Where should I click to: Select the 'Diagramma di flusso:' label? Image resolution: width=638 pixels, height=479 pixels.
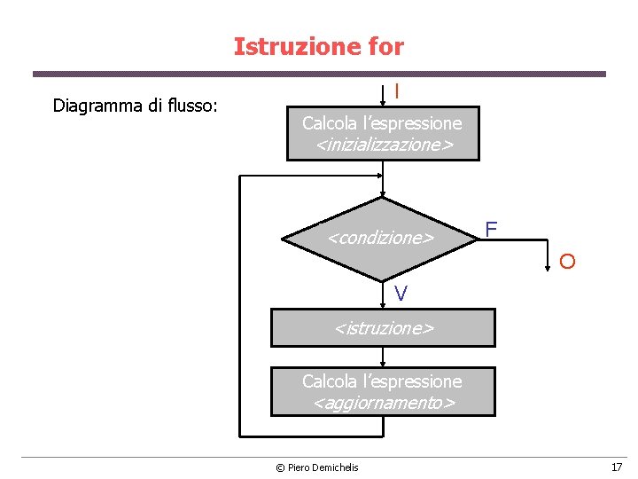pos(136,106)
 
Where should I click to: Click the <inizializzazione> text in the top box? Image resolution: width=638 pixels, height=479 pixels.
pos(383,144)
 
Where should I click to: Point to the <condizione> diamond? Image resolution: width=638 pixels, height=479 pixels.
pos(382,238)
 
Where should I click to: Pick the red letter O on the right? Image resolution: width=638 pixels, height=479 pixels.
pos(567,261)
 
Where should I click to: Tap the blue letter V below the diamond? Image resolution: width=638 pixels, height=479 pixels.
pos(401,294)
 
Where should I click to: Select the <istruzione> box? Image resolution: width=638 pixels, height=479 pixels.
pos(383,327)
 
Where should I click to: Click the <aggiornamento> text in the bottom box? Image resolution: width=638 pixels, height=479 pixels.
pos(383,403)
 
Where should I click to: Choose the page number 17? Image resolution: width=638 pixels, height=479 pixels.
pos(616,467)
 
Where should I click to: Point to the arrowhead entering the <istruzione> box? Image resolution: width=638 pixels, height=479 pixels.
pos(383,304)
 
